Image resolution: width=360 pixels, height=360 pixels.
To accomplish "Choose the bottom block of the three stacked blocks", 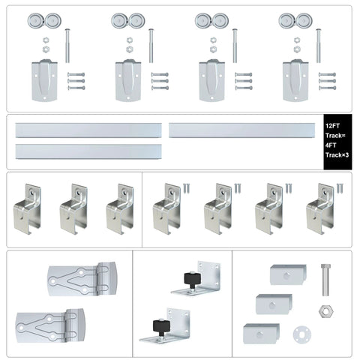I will (261, 331).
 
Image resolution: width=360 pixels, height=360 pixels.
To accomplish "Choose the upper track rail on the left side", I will (88, 130).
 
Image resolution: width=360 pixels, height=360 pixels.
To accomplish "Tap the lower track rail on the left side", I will (88, 151).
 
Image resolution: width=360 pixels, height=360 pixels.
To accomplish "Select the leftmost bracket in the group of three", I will (27, 208).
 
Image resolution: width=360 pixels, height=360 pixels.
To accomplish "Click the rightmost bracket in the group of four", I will (320, 208).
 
